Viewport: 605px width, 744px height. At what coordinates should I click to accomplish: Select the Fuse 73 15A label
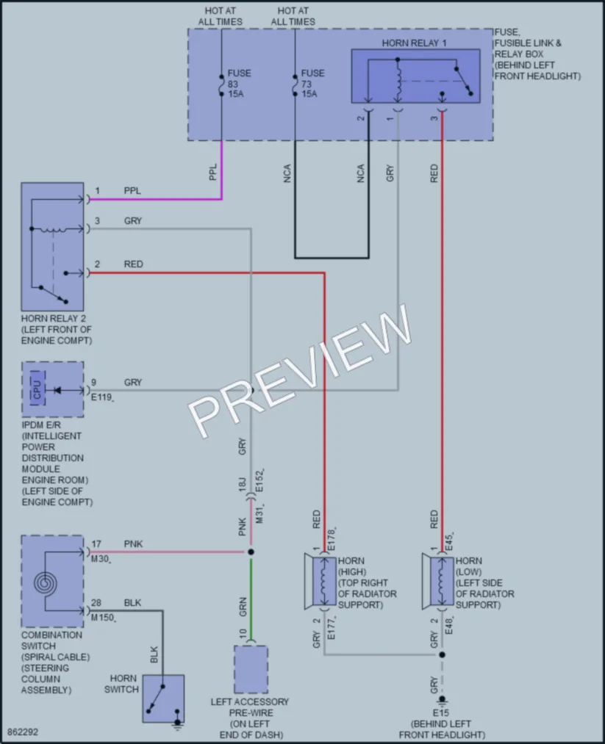click(312, 84)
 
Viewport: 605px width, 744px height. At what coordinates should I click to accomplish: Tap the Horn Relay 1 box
click(415, 76)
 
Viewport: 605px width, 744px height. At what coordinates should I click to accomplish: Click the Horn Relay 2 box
click(52, 247)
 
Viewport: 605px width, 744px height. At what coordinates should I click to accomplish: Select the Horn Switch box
click(163, 699)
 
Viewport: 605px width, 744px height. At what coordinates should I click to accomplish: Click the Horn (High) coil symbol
click(324, 582)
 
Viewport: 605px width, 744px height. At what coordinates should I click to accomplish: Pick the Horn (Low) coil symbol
click(442, 582)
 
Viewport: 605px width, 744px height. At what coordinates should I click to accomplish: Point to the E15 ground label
click(441, 712)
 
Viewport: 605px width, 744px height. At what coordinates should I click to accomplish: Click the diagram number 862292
click(23, 732)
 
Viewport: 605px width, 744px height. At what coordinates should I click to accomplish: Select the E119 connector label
click(101, 397)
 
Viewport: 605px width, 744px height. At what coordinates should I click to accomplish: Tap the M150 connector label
click(103, 618)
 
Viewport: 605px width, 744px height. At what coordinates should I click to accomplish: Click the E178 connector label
click(332, 539)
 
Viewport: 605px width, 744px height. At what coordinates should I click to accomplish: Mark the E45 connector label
click(449, 542)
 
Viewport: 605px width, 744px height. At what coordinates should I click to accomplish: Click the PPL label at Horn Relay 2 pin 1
click(132, 191)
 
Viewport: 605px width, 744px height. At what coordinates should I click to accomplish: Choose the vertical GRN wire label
click(243, 607)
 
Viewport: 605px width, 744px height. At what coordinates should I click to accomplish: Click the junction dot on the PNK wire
click(251, 552)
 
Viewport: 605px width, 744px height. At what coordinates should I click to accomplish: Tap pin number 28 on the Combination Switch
click(96, 602)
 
